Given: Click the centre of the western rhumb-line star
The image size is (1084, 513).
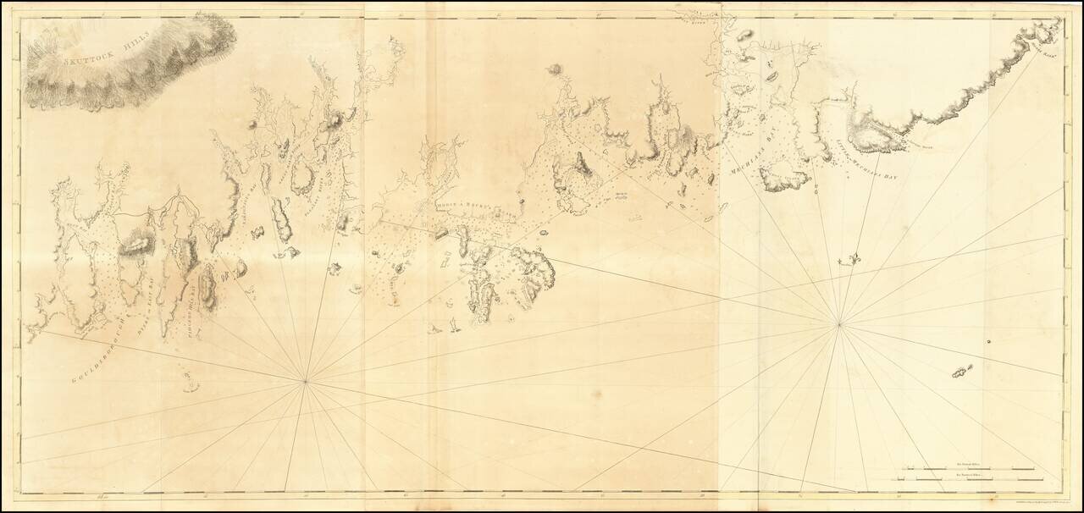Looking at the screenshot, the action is [x=306, y=382].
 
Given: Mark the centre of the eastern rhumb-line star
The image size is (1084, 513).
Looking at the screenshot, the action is [x=838, y=323].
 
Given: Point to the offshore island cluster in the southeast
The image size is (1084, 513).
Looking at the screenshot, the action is [x=962, y=372].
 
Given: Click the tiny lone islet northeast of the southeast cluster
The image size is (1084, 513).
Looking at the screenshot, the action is [x=987, y=342].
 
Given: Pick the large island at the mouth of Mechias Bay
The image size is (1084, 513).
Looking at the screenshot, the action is [x=784, y=179].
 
